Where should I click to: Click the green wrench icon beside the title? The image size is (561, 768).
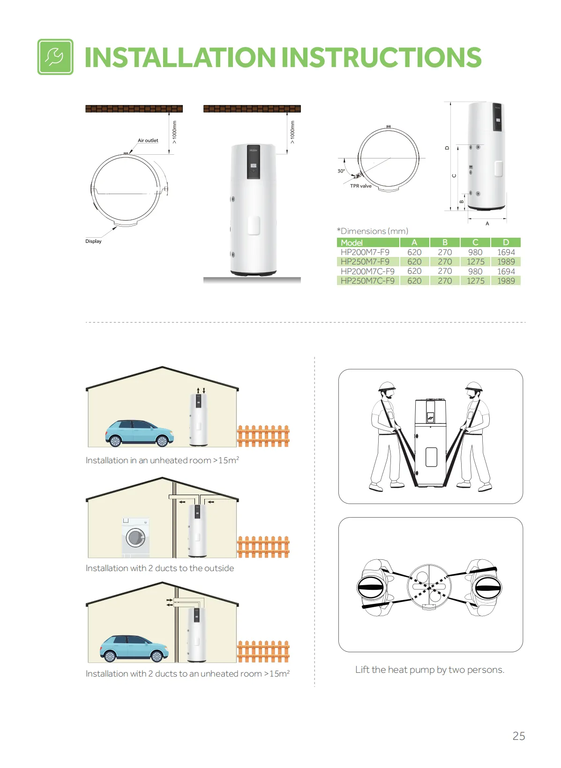click(55, 57)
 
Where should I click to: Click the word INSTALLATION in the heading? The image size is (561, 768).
click(180, 57)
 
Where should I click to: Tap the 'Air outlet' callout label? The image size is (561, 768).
click(148, 140)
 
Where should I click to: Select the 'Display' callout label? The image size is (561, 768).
click(93, 241)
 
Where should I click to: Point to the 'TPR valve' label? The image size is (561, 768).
click(360, 186)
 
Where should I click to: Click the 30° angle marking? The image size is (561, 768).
click(341, 171)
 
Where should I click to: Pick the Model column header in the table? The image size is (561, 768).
click(352, 243)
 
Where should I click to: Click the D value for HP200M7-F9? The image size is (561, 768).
click(506, 252)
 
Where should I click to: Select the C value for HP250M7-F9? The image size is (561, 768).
click(475, 262)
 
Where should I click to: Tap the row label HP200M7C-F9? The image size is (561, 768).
click(367, 271)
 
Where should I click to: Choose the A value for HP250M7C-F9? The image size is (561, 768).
click(414, 281)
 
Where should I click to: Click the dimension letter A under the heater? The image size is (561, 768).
click(487, 224)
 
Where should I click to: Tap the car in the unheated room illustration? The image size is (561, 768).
click(140, 433)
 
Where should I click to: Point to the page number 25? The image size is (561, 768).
click(518, 736)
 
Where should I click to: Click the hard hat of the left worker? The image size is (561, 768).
click(387, 386)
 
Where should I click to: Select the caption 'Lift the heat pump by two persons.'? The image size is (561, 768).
click(430, 670)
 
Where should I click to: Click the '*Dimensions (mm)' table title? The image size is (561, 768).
click(373, 231)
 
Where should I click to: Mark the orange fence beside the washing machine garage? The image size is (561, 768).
click(263, 547)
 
